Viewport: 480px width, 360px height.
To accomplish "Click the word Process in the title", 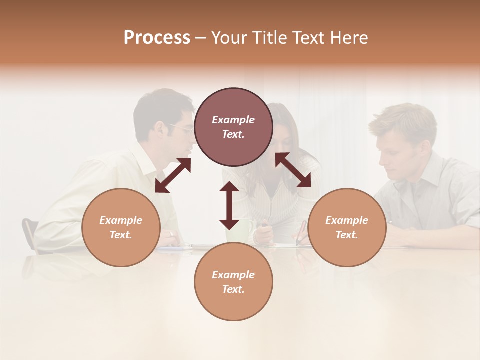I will (157, 38).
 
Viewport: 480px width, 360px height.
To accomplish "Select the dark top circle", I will (233, 127).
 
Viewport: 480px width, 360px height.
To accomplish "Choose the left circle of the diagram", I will (121, 227).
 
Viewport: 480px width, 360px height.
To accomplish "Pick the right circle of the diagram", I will (347, 227).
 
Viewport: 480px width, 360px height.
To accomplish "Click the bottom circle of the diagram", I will (233, 282).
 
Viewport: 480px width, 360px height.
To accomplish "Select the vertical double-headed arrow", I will (229, 205).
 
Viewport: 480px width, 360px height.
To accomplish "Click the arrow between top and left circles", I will (173, 175).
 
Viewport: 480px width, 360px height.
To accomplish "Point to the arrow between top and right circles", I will (293, 170).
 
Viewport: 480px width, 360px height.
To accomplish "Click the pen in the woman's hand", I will (301, 233).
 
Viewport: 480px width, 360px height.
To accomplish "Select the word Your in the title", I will (230, 38).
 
